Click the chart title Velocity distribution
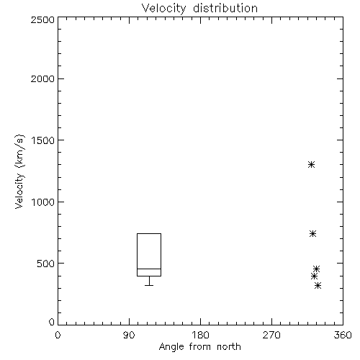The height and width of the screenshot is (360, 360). click(199, 9)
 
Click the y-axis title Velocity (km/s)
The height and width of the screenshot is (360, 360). click(19, 171)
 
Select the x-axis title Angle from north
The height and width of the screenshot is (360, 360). click(199, 347)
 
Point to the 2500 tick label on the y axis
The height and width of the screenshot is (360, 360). click(42, 19)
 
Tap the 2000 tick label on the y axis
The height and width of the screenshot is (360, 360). click(42, 78)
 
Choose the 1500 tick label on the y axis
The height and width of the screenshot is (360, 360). click(43, 140)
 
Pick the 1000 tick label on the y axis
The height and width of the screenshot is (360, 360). click(43, 202)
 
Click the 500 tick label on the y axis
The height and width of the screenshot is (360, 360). click(46, 264)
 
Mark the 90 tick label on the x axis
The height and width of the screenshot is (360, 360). click(129, 335)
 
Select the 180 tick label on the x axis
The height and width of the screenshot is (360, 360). click(200, 335)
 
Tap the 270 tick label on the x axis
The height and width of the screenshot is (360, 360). click(271, 335)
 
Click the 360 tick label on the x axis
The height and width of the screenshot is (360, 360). click(343, 335)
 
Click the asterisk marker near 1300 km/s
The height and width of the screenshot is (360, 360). click(311, 165)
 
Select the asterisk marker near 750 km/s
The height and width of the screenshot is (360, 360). click(312, 233)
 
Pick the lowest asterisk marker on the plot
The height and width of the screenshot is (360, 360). click(318, 286)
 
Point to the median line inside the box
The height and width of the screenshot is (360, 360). click(149, 269)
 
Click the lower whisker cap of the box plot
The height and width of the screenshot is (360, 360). click(149, 285)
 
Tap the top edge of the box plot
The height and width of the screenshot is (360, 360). click(149, 233)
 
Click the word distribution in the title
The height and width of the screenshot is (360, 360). click(225, 9)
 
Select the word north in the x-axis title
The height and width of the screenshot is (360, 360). click(229, 347)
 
